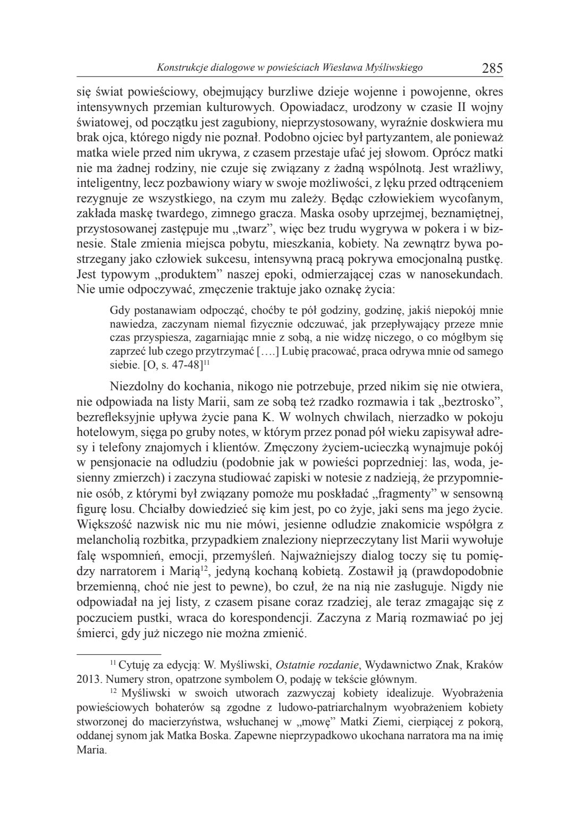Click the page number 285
click(x=492, y=68)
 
